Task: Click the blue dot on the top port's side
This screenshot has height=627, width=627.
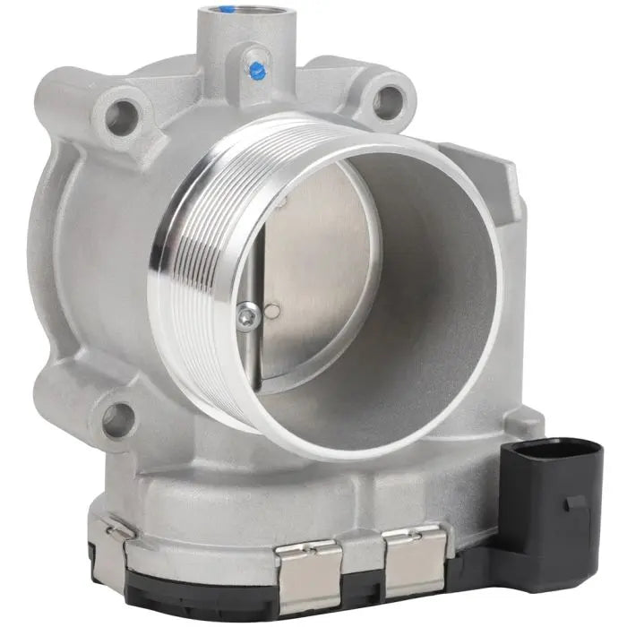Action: (257, 68)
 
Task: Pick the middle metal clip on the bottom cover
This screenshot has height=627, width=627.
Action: (310, 563)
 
